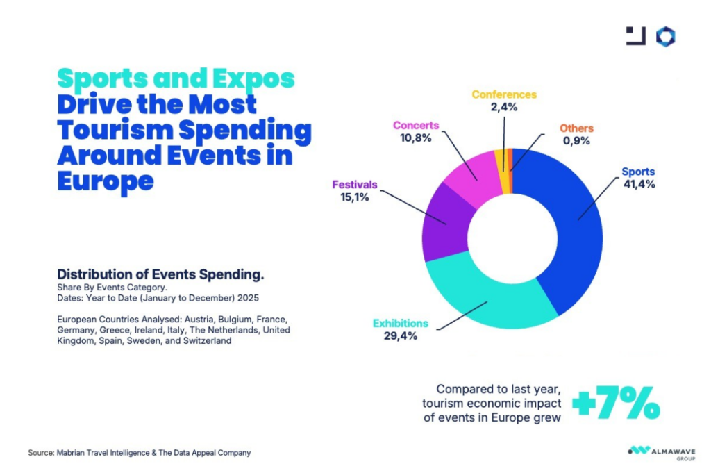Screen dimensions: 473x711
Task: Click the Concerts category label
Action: [x=416, y=126]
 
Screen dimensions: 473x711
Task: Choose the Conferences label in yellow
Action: [x=504, y=94]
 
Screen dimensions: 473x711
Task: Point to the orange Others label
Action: [x=577, y=128]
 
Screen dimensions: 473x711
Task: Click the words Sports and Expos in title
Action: [x=175, y=78]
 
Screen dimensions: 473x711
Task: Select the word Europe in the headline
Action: [x=105, y=181]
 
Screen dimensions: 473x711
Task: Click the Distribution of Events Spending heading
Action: [x=160, y=274]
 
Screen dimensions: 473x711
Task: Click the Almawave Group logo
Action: [x=655, y=451]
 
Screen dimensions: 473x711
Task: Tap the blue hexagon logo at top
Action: [x=666, y=37]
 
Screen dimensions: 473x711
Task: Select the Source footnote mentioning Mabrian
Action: [x=140, y=453]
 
